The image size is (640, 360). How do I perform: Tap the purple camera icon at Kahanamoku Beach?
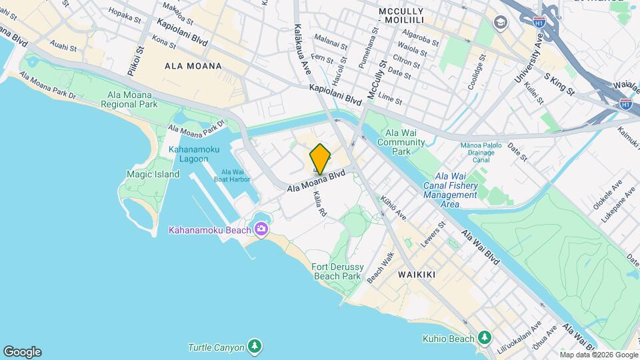click(x=261, y=230)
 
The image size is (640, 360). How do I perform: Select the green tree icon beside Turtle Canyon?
click(x=253, y=347)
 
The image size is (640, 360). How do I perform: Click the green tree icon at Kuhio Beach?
click(x=484, y=338)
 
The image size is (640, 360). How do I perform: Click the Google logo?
click(x=22, y=352)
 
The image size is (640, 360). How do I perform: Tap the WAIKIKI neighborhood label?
click(x=416, y=275)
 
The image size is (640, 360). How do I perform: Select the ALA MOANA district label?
click(x=193, y=67)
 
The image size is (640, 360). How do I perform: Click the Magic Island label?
click(x=153, y=174)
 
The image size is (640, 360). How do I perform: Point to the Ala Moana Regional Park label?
click(x=129, y=99)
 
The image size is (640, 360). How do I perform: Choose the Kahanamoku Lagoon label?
click(x=193, y=154)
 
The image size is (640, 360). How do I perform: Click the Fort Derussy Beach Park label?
click(x=336, y=271)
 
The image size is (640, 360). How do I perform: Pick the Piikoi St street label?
click(x=139, y=61)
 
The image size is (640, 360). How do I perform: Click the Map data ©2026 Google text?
click(x=599, y=355)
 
